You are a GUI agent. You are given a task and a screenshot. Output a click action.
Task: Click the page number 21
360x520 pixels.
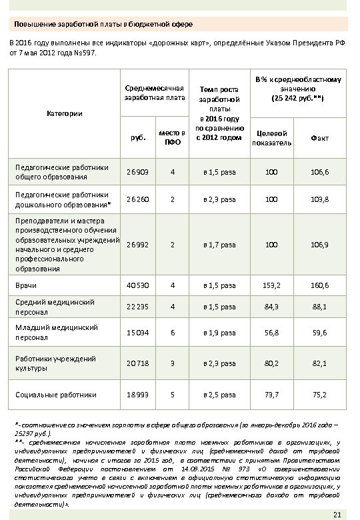click(x=336, y=513)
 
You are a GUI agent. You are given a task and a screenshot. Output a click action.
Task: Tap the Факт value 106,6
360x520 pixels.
click(x=319, y=172)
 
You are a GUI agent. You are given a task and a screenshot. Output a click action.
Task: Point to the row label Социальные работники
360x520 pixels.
click(x=57, y=395)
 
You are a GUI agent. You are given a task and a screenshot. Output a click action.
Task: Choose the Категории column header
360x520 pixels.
click(x=65, y=113)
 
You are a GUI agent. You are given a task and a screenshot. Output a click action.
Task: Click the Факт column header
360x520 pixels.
click(x=319, y=138)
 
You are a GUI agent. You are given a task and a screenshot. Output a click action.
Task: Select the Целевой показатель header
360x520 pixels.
click(x=271, y=138)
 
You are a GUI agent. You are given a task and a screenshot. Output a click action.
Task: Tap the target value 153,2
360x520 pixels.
click(x=271, y=285)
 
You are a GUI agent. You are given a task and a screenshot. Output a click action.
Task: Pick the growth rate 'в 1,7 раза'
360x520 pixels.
click(x=219, y=245)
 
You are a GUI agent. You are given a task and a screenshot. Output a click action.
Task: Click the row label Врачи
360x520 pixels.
click(x=27, y=285)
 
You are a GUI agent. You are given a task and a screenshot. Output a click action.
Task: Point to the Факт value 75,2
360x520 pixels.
click(x=319, y=395)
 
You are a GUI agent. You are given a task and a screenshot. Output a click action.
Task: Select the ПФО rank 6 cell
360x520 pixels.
click(x=172, y=332)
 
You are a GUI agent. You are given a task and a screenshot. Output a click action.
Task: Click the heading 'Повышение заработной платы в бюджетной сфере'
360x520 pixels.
click(x=104, y=25)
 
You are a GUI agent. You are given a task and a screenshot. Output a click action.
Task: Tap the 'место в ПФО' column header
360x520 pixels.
click(x=172, y=138)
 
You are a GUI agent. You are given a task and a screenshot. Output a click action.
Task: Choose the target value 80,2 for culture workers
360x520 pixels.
click(x=271, y=363)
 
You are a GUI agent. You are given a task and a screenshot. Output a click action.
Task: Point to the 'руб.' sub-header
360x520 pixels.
click(x=138, y=139)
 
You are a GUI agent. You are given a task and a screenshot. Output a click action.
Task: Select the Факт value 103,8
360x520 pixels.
click(x=319, y=199)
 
